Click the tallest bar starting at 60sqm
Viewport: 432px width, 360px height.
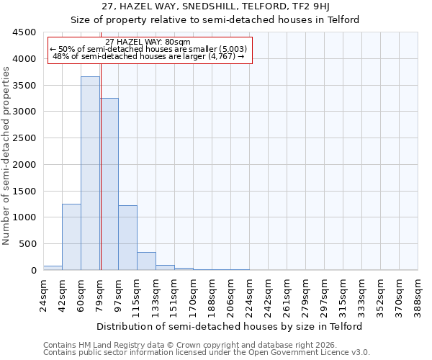point(90,173)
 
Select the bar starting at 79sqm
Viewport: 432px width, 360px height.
point(109,184)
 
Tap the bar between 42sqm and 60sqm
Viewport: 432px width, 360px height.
point(71,237)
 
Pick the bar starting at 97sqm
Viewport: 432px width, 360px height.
point(127,238)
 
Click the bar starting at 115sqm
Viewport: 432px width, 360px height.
point(146,261)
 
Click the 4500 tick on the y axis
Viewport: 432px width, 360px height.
point(24,32)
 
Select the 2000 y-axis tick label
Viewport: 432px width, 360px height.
point(24,165)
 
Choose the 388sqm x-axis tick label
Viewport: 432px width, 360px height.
point(418,294)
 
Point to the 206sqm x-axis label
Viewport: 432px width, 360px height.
point(230,294)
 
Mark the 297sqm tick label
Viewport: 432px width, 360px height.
point(324,294)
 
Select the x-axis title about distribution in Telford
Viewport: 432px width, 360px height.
point(230,326)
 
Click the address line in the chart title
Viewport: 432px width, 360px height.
point(215,6)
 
